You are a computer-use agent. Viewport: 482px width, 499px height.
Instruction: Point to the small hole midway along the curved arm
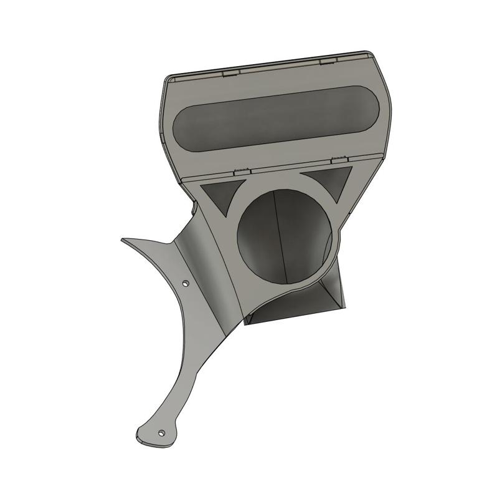(x=185, y=284)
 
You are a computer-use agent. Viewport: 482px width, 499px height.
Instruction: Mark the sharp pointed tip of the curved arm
(x=123, y=240)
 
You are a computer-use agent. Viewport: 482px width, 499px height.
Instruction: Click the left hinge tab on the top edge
(x=231, y=73)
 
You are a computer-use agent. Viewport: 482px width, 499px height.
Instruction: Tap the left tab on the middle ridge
(x=242, y=170)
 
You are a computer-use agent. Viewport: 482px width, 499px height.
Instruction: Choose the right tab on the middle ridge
(x=339, y=160)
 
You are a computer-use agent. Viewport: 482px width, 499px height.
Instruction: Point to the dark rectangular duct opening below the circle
(x=293, y=309)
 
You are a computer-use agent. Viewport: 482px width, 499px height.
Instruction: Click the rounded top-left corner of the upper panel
(x=170, y=80)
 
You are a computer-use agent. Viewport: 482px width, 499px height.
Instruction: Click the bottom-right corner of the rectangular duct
(x=344, y=306)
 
